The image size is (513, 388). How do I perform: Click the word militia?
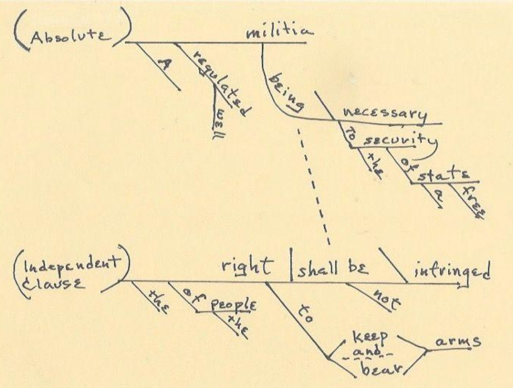pos(279,33)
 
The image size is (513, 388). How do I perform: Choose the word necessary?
pos(385,114)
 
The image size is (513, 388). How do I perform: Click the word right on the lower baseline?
pos(247,267)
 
